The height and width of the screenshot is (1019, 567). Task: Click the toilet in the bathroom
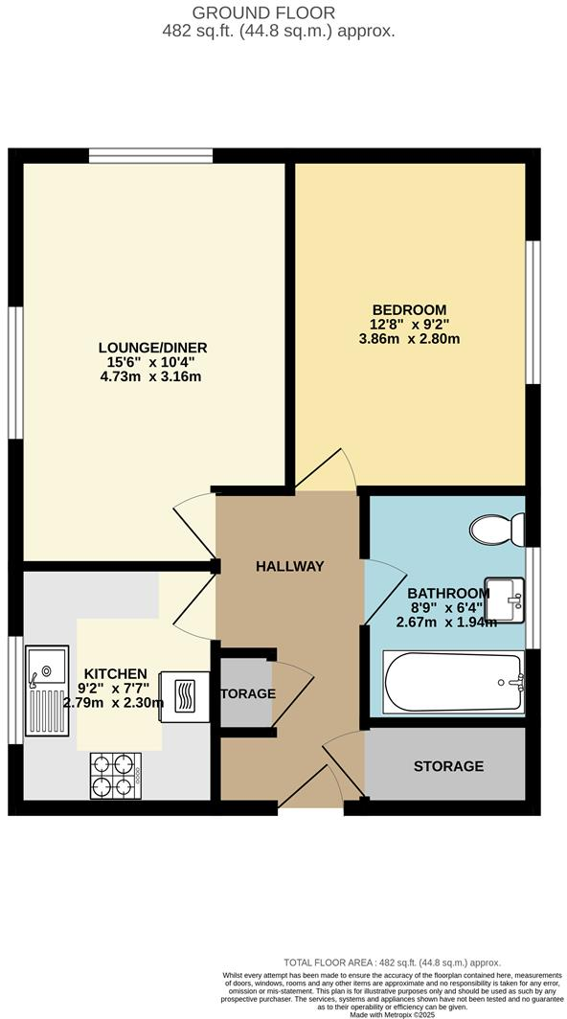(x=498, y=527)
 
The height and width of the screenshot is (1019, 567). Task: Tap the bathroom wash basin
(x=505, y=598)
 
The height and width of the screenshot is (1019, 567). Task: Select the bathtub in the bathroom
(x=454, y=682)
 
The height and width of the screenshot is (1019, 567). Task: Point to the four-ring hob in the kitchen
(x=117, y=776)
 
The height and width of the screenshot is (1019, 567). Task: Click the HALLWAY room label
(x=289, y=566)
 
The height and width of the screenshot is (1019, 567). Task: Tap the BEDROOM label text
(x=409, y=309)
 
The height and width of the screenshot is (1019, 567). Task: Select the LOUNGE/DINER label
(x=152, y=347)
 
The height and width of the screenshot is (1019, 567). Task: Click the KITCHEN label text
(x=114, y=673)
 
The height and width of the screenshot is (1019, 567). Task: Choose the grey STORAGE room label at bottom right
(x=448, y=766)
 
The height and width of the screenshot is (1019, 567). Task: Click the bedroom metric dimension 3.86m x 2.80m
(x=409, y=339)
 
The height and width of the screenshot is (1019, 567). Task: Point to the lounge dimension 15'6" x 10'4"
(x=152, y=362)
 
